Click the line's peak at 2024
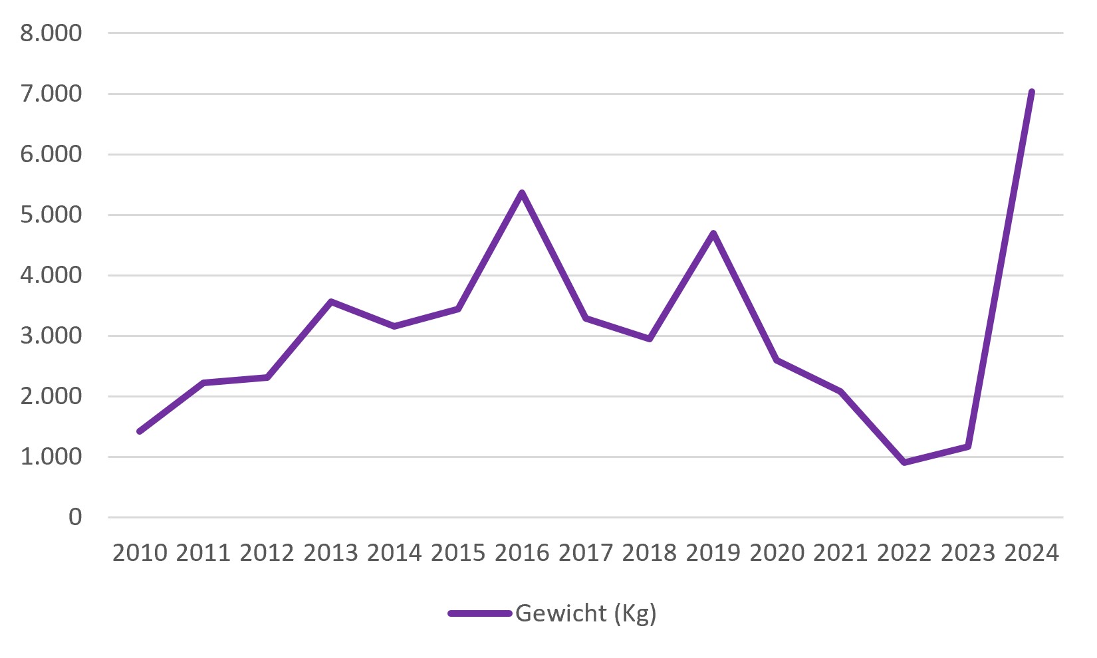pyautogui.click(x=1032, y=92)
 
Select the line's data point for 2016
pyautogui.click(x=522, y=192)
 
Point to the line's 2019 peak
pyautogui.click(x=713, y=233)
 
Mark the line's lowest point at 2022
pyautogui.click(x=904, y=462)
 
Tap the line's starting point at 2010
pyautogui.click(x=140, y=431)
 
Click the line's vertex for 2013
pyautogui.click(x=331, y=302)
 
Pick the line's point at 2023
pyautogui.click(x=968, y=447)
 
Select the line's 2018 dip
pyautogui.click(x=650, y=339)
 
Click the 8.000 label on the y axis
pyautogui.click(x=51, y=33)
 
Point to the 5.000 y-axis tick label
pyautogui.click(x=51, y=215)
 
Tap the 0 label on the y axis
pyautogui.click(x=75, y=517)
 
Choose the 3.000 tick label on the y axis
pyautogui.click(x=51, y=336)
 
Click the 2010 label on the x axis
pyautogui.click(x=140, y=553)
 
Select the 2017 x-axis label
pyautogui.click(x=586, y=553)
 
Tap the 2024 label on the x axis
pyautogui.click(x=1032, y=553)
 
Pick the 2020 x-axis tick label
pyautogui.click(x=777, y=553)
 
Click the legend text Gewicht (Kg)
pyautogui.click(x=586, y=614)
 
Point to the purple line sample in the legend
pyautogui.click(x=480, y=613)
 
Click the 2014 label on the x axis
pyautogui.click(x=395, y=553)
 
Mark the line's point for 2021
pyautogui.click(x=841, y=391)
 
